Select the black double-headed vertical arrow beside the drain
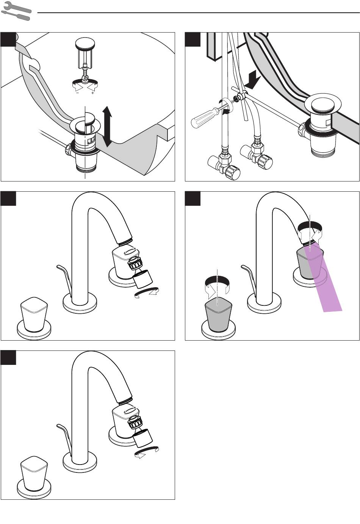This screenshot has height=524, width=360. pyautogui.click(x=108, y=126)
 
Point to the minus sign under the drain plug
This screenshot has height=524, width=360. pyautogui.click(x=77, y=92)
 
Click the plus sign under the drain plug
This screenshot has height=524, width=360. pyautogui.click(x=92, y=92)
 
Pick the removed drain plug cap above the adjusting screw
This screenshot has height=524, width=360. pyautogui.click(x=85, y=44)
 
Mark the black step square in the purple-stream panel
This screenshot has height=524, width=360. pyautogui.click(x=193, y=198)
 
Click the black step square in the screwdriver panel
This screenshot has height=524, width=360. pyautogui.click(x=193, y=39)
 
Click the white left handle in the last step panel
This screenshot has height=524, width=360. pyautogui.click(x=34, y=474)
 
